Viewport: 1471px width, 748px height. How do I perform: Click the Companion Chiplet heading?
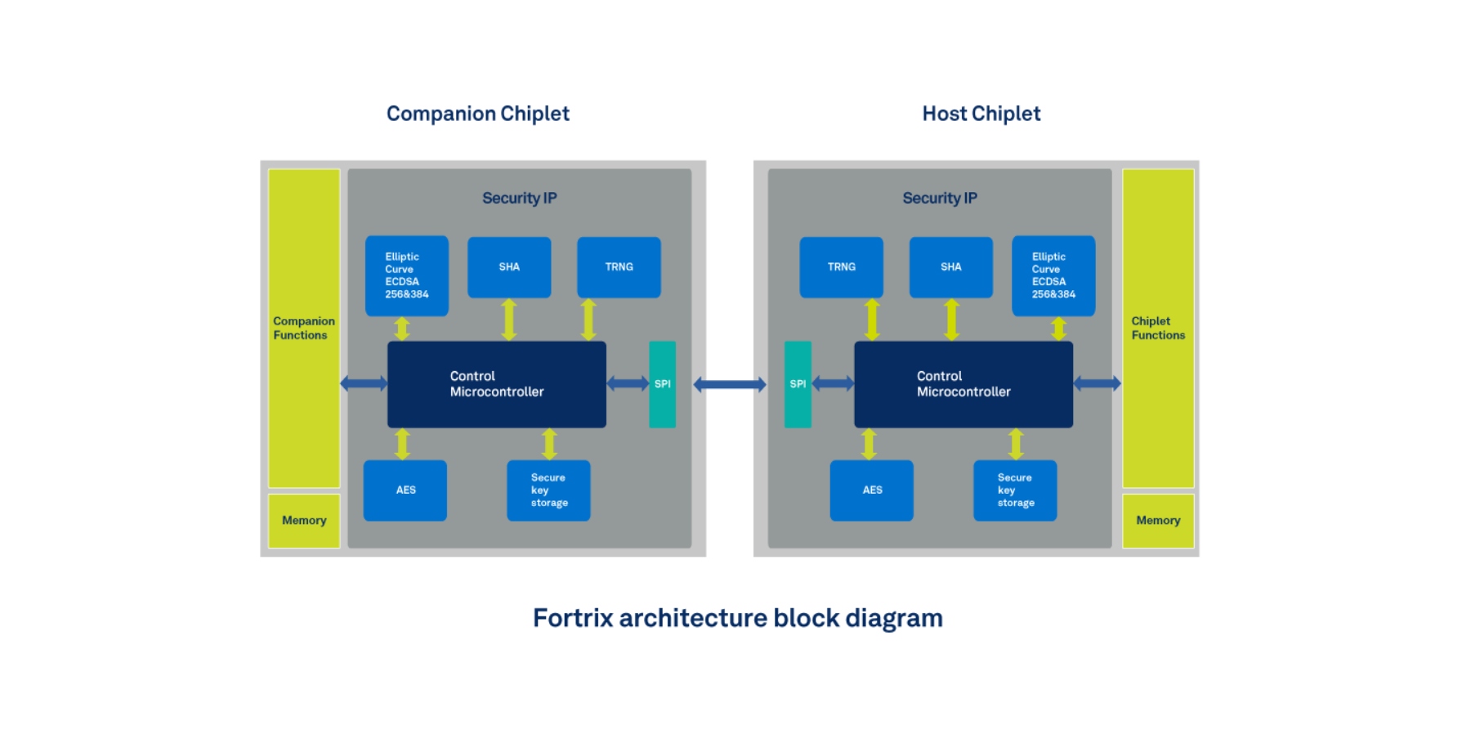click(x=477, y=114)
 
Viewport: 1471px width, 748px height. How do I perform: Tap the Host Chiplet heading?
click(x=981, y=114)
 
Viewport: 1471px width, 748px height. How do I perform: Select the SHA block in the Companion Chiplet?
click(x=509, y=267)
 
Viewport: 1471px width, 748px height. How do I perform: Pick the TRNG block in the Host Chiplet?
click(x=841, y=267)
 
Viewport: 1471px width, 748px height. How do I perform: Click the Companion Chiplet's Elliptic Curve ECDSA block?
click(x=406, y=275)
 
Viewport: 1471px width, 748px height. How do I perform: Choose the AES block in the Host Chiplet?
click(x=872, y=490)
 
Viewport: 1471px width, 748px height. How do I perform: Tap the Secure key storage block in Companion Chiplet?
click(x=548, y=490)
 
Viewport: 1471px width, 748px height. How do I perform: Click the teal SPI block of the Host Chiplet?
click(x=798, y=384)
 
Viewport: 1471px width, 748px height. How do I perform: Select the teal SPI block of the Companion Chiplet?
click(x=662, y=384)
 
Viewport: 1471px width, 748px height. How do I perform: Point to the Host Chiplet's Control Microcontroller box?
click(x=963, y=384)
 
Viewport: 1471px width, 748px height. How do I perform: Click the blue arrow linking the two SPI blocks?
click(x=730, y=384)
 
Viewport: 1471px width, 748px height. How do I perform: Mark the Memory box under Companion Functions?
click(x=304, y=521)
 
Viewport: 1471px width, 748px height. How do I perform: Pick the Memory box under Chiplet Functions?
click(x=1158, y=521)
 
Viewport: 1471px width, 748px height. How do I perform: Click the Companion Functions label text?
click(x=303, y=328)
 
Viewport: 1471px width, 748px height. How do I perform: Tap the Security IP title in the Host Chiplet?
click(x=940, y=198)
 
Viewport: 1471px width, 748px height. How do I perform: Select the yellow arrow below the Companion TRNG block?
click(x=588, y=320)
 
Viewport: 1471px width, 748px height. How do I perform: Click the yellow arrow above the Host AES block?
click(x=870, y=444)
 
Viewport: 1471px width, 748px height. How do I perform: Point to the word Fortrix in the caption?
click(x=573, y=618)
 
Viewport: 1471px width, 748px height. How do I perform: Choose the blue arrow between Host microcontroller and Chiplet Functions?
click(x=1097, y=383)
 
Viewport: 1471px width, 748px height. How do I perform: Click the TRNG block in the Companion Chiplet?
click(x=619, y=267)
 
